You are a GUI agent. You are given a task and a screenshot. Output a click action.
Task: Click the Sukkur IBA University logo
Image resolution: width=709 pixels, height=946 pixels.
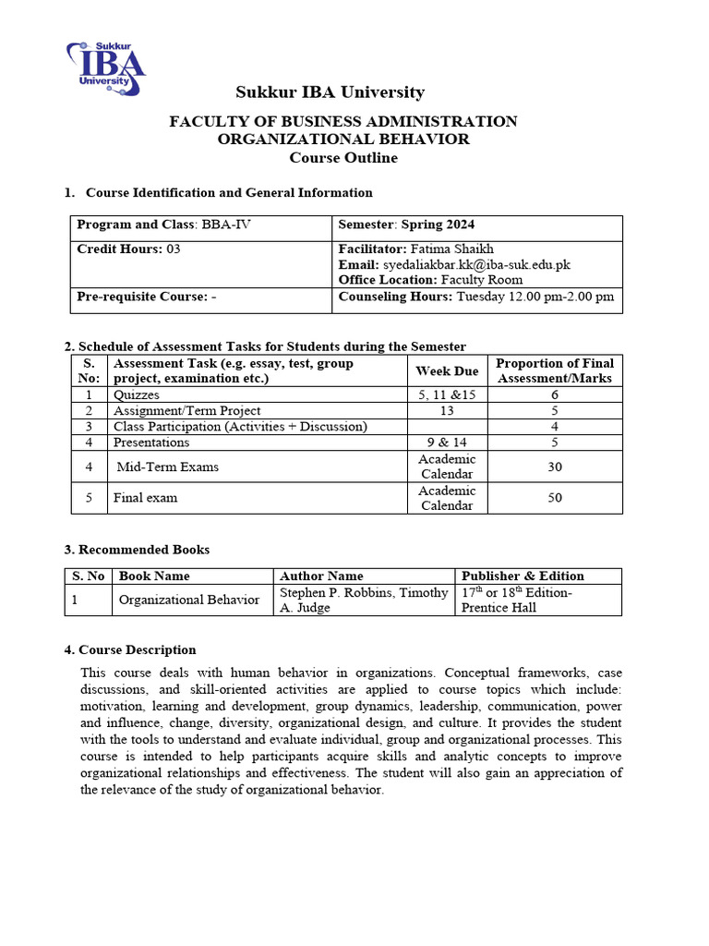pyautogui.click(x=106, y=68)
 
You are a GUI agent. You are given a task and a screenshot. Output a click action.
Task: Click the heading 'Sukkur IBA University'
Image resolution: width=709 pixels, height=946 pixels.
pyautogui.click(x=330, y=92)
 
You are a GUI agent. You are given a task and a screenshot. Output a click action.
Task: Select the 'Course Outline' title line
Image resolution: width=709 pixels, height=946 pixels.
pyautogui.click(x=343, y=158)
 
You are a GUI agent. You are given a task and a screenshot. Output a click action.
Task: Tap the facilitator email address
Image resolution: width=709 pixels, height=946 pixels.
pyautogui.click(x=476, y=264)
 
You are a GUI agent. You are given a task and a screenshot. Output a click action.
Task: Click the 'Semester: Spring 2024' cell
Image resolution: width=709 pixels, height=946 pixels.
pyautogui.click(x=407, y=224)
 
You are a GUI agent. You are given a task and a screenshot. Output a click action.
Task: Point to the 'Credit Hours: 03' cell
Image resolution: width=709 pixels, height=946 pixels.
pyautogui.click(x=128, y=249)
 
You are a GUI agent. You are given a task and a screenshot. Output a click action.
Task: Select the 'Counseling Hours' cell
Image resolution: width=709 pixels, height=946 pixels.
pyautogui.click(x=475, y=297)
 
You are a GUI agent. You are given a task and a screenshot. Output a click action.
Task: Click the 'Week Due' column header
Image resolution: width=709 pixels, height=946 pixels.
pyautogui.click(x=447, y=370)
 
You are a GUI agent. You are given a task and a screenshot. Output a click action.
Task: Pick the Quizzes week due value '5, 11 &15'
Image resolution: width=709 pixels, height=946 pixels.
pyautogui.click(x=447, y=394)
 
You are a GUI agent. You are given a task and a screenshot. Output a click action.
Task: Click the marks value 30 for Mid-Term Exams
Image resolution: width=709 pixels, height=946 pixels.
pyautogui.click(x=554, y=467)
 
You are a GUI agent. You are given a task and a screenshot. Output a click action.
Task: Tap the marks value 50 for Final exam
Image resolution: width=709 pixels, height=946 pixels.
pyautogui.click(x=554, y=498)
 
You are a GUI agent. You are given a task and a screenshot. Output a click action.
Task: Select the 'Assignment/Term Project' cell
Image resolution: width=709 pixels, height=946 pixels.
pyautogui.click(x=187, y=410)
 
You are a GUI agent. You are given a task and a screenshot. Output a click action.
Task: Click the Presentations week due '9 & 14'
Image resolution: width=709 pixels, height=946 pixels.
pyautogui.click(x=447, y=443)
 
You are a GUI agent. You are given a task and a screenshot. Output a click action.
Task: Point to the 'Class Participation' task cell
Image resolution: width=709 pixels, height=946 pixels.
pyautogui.click(x=240, y=426)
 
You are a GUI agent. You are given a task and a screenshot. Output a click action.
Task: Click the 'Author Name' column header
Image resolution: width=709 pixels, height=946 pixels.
pyautogui.click(x=321, y=576)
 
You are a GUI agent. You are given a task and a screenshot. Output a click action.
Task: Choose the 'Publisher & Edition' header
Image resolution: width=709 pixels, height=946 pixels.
pyautogui.click(x=523, y=576)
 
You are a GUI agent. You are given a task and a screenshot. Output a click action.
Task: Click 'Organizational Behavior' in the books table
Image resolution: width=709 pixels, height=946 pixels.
pyautogui.click(x=189, y=600)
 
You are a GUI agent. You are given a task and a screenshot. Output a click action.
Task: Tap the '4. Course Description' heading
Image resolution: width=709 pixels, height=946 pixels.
pyautogui.click(x=129, y=649)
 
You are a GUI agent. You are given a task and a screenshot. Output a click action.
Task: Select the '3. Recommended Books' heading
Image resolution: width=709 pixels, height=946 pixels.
pyautogui.click(x=137, y=550)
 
